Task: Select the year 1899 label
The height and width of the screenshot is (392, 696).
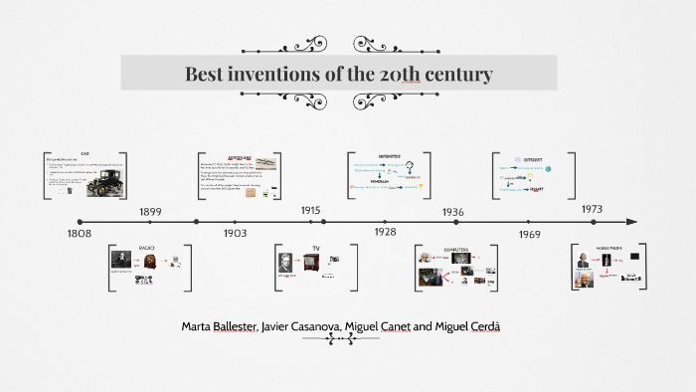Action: pos(150,212)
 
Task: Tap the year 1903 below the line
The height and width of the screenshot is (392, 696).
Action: pos(235,233)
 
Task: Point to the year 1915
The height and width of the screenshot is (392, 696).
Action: pos(311,211)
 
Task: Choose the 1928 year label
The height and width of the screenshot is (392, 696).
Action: pos(385,232)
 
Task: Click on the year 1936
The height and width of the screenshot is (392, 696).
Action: pos(452,212)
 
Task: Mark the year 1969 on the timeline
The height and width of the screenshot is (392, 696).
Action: pos(529,234)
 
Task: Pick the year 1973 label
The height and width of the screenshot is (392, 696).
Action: pos(592,209)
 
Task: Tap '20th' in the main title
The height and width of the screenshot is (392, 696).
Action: pos(418,75)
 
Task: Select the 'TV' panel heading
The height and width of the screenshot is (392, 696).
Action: pos(316,247)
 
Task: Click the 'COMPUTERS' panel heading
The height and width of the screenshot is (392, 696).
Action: pos(453,247)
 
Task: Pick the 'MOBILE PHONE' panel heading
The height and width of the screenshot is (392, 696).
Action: pos(608,247)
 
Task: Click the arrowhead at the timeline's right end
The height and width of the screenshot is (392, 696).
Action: pos(631,222)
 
